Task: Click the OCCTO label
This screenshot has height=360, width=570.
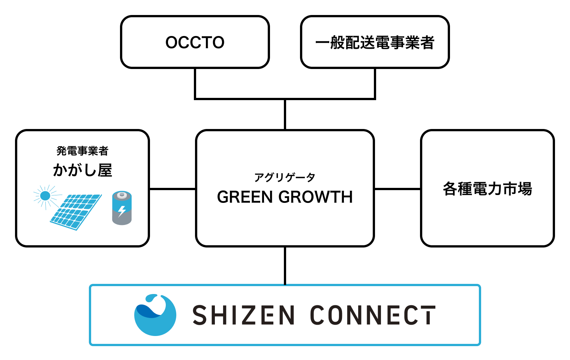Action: point(195,42)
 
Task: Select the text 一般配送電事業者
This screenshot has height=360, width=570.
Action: point(375,43)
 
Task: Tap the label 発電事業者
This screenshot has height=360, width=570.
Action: point(82,151)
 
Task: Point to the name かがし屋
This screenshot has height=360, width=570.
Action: point(82,170)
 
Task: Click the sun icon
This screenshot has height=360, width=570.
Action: point(45,196)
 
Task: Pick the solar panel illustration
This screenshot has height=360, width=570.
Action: point(76,211)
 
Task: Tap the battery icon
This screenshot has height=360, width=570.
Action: point(122,208)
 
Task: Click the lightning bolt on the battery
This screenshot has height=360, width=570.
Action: point(122,211)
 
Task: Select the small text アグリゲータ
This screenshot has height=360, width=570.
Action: point(285,177)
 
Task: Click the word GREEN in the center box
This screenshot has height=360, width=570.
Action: point(245,197)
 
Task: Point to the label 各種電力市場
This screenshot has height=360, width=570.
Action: point(487,189)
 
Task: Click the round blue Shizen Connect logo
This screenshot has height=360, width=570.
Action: point(155,315)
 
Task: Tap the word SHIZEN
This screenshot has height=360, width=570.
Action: point(243,315)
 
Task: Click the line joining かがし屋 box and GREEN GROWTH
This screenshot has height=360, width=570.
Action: point(172,189)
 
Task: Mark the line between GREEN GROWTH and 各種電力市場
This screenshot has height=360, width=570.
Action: point(397,189)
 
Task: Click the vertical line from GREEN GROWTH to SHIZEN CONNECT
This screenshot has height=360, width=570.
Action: point(285,265)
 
